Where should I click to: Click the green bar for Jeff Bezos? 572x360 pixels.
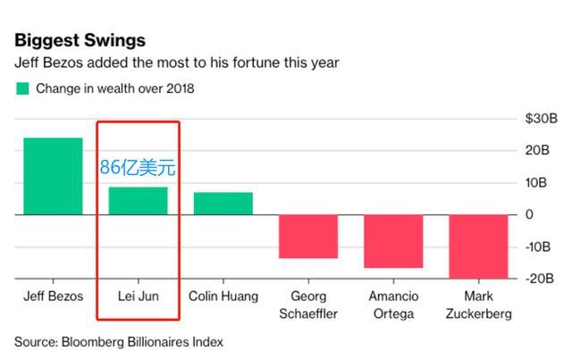click(x=53, y=176)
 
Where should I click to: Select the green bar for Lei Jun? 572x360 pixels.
click(x=138, y=201)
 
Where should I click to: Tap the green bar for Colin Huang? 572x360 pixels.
click(x=223, y=204)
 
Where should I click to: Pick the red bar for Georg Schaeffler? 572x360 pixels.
click(x=308, y=236)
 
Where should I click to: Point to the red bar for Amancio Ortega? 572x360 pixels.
click(x=393, y=241)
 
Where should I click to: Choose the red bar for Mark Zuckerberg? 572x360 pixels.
click(x=478, y=246)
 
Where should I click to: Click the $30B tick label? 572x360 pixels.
click(x=542, y=119)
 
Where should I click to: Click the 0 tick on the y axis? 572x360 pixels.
click(x=529, y=214)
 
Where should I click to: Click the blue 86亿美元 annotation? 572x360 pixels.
click(x=139, y=167)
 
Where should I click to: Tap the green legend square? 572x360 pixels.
click(x=21, y=88)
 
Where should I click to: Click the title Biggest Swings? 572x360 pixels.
click(x=80, y=40)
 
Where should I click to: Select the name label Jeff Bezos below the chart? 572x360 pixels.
click(x=53, y=297)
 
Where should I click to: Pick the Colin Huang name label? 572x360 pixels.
click(x=223, y=297)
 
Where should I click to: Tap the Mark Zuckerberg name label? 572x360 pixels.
click(x=479, y=305)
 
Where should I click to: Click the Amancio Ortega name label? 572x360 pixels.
click(x=393, y=305)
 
